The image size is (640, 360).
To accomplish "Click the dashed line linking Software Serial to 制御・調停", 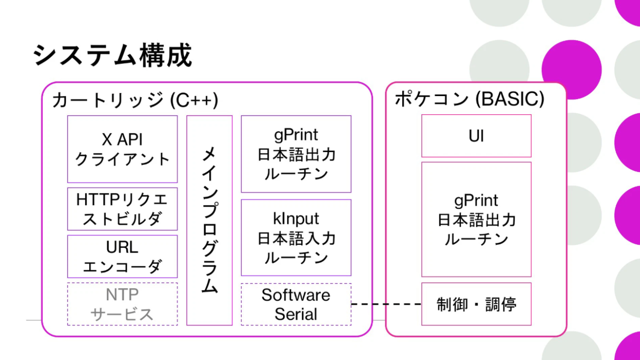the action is (386, 304).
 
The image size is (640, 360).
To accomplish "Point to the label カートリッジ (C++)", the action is (135, 100).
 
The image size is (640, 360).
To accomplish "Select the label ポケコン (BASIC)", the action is (470, 99).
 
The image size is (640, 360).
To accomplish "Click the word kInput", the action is (296, 219).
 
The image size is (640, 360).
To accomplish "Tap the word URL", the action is (122, 247).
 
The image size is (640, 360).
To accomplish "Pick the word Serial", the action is (296, 314).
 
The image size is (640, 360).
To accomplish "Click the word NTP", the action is (122, 295).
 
